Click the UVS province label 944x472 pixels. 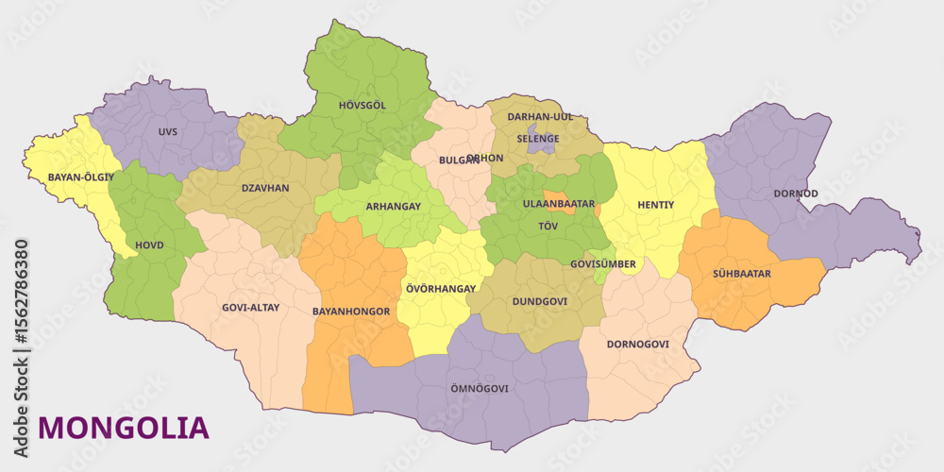click(168, 131)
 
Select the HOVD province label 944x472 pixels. click(148, 244)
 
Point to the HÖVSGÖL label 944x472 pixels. click(362, 105)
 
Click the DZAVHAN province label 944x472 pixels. click(265, 188)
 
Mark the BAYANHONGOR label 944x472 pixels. click(350, 311)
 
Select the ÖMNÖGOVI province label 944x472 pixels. click(480, 388)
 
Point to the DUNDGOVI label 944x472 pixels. click(539, 302)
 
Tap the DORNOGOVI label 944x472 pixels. click(637, 344)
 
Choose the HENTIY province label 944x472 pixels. click(655, 204)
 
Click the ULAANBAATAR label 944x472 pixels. click(559, 203)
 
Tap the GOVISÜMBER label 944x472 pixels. click(603, 264)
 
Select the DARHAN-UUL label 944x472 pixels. click(540, 116)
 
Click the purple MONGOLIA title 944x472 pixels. click(124, 428)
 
